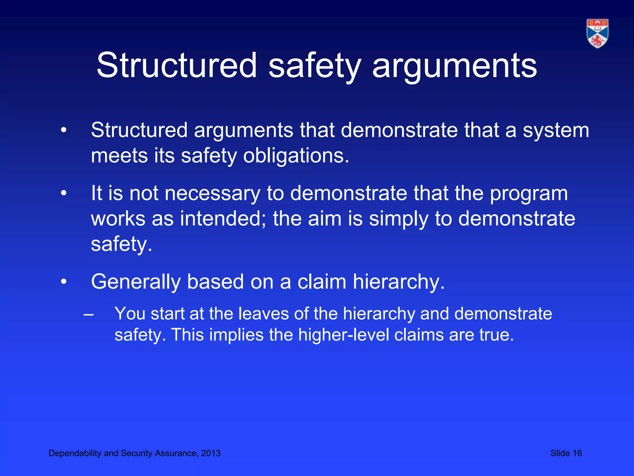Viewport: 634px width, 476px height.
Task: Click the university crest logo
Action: point(597,33)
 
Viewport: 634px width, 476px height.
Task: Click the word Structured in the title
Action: point(176,65)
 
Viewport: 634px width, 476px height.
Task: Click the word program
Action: point(529,194)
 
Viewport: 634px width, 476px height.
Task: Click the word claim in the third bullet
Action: point(322,282)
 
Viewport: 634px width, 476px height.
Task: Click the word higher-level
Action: point(343,335)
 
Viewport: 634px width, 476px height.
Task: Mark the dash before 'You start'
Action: point(89,314)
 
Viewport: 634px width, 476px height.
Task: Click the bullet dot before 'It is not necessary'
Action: point(64,194)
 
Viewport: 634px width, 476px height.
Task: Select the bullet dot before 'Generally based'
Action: point(64,282)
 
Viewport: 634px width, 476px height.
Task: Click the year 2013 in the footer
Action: point(211,453)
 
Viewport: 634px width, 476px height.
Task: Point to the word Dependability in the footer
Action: point(75,453)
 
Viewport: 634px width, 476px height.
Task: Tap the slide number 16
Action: point(577,453)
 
